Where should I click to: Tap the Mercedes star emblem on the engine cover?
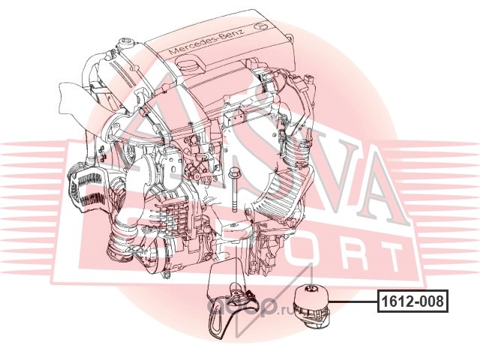pos(262,25)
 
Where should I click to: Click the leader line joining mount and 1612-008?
pos(352,302)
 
